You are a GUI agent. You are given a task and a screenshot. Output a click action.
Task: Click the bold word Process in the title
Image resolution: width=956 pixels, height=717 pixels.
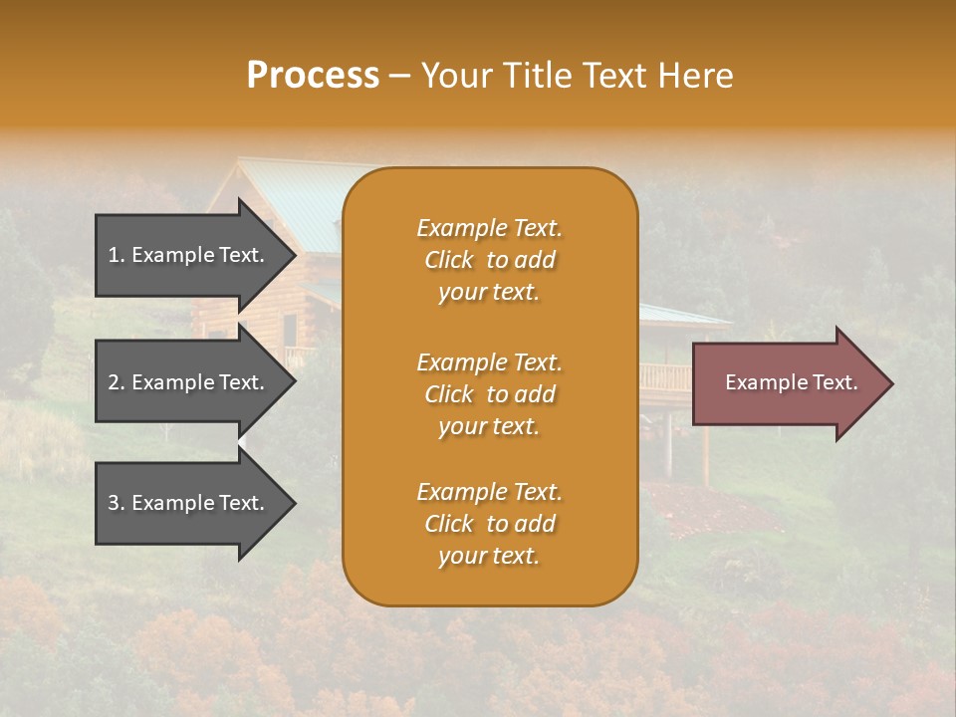[x=313, y=76]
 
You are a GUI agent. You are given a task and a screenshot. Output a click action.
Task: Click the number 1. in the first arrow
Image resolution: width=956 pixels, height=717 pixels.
[x=116, y=255]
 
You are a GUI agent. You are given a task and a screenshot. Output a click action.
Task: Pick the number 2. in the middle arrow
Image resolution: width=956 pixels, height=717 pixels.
[x=116, y=382]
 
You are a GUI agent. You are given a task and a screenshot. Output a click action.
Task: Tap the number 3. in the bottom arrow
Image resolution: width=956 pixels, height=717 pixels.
[x=116, y=503]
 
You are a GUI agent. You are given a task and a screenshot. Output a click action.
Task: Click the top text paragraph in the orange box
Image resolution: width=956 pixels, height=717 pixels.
[x=489, y=260]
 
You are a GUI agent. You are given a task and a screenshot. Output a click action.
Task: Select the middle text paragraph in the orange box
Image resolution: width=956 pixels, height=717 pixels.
[x=489, y=394]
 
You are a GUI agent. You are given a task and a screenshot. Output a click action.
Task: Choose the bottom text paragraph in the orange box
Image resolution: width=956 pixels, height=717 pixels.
[x=489, y=524]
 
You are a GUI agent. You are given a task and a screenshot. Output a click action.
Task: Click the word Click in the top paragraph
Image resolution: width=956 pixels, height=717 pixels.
[x=448, y=260]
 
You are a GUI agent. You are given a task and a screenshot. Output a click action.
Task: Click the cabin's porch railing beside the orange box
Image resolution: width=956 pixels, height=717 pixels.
[x=664, y=377]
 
